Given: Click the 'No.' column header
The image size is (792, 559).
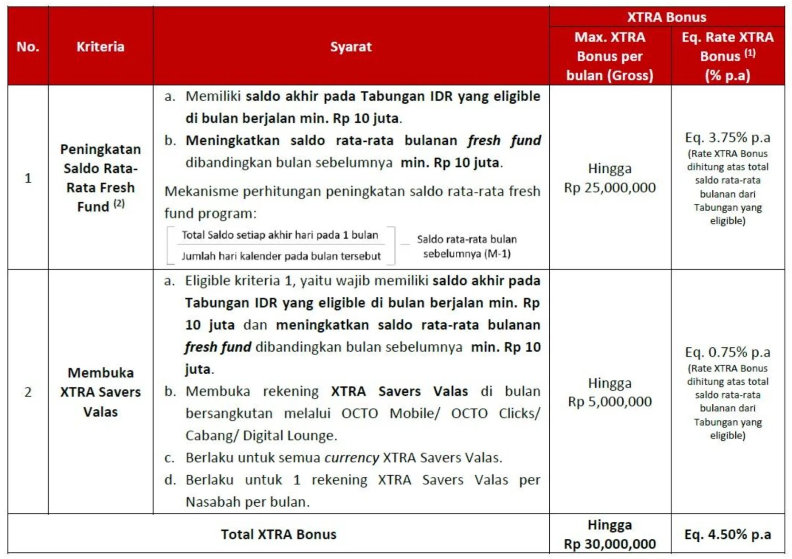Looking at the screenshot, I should coord(28,47).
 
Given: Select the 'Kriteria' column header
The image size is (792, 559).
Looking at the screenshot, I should coord(101,47).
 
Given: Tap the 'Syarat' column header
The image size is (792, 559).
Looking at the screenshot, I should coord(351,47).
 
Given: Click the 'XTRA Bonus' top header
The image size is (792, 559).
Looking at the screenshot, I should coord(667,17).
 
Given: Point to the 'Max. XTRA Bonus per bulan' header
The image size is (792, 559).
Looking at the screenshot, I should coord(610,56).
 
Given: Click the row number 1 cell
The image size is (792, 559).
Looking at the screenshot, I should coord(28,178).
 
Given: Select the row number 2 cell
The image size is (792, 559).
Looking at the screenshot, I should coord(28,392).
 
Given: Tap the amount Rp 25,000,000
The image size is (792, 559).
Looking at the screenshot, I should coord(610,188).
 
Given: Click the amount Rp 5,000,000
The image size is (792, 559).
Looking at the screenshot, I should coord(610,402).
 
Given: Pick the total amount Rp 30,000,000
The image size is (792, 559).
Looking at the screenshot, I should coord(610,544).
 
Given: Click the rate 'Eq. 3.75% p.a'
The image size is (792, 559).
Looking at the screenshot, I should coord(727,138).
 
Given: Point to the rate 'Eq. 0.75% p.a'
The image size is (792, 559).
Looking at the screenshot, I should coord(727,352).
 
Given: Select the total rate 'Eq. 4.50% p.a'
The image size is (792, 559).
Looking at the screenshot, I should coord(727,534).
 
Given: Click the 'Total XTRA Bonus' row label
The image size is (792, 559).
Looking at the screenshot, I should coord(279,534).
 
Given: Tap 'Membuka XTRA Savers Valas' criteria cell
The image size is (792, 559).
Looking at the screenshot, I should coord(101,392).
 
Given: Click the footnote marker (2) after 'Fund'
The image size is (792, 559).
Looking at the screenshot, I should coord(119,204).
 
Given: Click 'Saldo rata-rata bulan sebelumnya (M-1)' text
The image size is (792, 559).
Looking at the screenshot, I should coord(467,246).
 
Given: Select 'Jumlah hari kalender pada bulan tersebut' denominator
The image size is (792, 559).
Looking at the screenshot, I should coord(281,256).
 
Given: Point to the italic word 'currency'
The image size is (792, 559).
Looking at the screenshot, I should coord(352,458).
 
